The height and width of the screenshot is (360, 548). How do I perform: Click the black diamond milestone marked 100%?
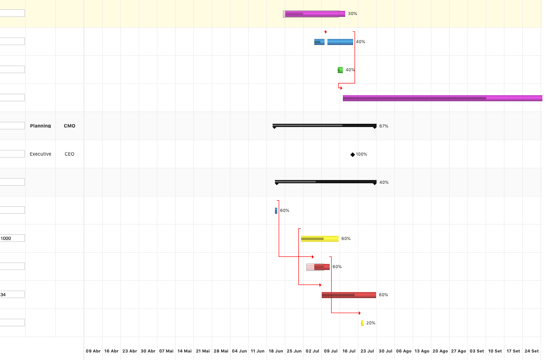(x=353, y=155)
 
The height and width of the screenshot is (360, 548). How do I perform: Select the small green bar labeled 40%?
(x=341, y=70)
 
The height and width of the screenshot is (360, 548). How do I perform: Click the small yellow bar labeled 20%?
(x=362, y=323)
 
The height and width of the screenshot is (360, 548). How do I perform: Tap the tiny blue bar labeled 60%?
(x=276, y=210)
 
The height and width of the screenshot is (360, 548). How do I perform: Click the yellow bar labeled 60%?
(x=320, y=239)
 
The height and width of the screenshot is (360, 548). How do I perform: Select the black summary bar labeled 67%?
(x=325, y=125)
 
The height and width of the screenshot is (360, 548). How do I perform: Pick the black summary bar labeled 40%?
(x=326, y=181)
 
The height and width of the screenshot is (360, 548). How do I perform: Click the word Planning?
(x=40, y=126)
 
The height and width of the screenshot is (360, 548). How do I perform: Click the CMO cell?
(x=69, y=126)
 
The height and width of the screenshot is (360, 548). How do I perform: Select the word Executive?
(x=40, y=154)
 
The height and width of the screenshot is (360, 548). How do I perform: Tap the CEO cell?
(x=69, y=154)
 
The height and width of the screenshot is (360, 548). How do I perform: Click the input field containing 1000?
(x=12, y=238)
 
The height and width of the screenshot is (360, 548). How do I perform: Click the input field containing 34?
(x=12, y=294)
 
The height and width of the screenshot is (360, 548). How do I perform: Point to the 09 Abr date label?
(x=93, y=351)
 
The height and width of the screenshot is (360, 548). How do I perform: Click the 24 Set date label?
(x=532, y=351)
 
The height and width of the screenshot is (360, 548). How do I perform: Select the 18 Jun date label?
(x=276, y=351)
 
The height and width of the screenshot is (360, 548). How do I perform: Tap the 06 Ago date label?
(x=404, y=351)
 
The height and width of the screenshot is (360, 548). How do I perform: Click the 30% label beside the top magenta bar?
(x=353, y=14)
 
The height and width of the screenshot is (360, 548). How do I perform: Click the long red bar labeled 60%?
(x=349, y=295)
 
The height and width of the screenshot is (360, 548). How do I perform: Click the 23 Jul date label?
(x=367, y=351)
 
